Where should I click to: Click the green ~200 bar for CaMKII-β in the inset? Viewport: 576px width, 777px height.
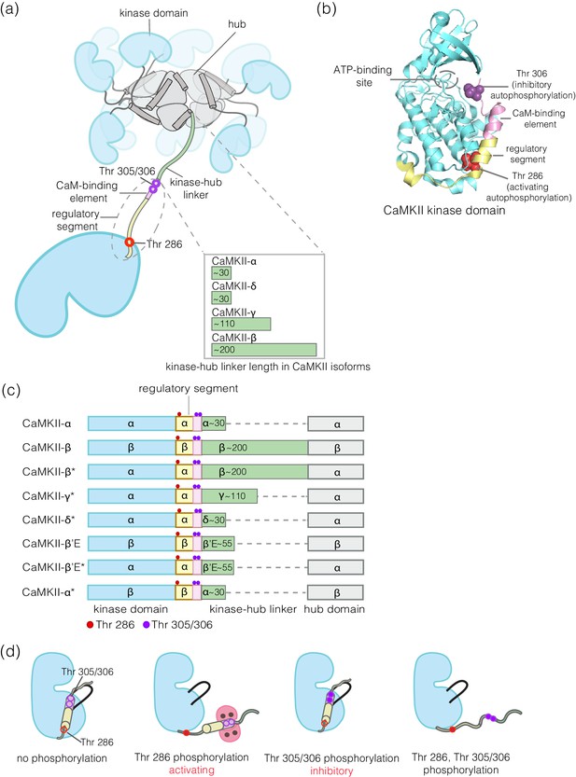264,350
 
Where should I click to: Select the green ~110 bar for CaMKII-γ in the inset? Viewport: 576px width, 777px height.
241,324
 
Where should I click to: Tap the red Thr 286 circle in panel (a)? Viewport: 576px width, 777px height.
129,243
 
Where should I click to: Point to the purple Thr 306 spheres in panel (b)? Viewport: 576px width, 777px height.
475,91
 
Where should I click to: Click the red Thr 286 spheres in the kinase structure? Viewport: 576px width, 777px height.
468,161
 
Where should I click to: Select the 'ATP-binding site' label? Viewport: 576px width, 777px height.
362,76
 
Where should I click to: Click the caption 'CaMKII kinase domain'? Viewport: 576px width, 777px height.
444,210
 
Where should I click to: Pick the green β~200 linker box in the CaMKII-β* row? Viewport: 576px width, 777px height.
255,472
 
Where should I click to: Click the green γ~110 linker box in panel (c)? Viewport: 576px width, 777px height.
230,496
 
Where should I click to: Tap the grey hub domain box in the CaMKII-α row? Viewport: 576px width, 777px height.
336,423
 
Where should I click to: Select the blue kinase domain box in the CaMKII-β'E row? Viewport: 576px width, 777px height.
132,544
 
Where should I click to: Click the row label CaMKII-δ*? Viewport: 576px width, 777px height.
49,520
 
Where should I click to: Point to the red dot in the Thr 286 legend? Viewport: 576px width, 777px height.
90,625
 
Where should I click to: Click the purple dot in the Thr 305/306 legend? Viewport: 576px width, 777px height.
147,625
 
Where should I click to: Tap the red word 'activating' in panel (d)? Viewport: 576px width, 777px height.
191,770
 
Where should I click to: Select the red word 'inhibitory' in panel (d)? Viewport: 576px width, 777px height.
331,770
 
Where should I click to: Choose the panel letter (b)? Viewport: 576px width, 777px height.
327,9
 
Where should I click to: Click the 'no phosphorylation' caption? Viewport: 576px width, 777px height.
62,758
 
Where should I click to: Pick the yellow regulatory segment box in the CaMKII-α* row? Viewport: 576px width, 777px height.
184,592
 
